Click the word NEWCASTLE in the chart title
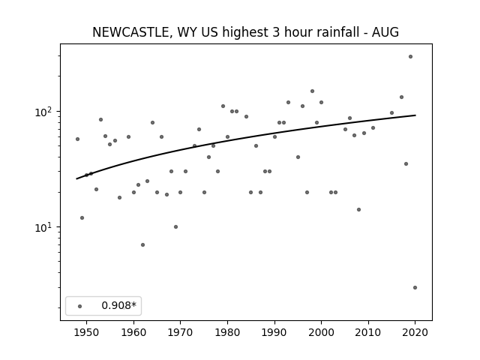coord(130,32)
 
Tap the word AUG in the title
coord(385,32)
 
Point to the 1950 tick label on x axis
coord(87,332)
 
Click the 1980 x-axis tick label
coord(227,332)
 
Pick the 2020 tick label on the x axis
coord(415,332)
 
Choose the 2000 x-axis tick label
coord(322,332)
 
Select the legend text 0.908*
coord(118,305)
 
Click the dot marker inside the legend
coord(80,306)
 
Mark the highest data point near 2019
coord(410,57)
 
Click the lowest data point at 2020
coord(415,287)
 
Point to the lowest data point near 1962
coord(142,244)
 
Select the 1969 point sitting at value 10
coord(175,226)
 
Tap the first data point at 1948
coord(77,139)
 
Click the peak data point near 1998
coord(312,91)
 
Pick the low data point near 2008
coord(358,209)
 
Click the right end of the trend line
coord(415,115)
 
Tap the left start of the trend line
coord(76,178)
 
